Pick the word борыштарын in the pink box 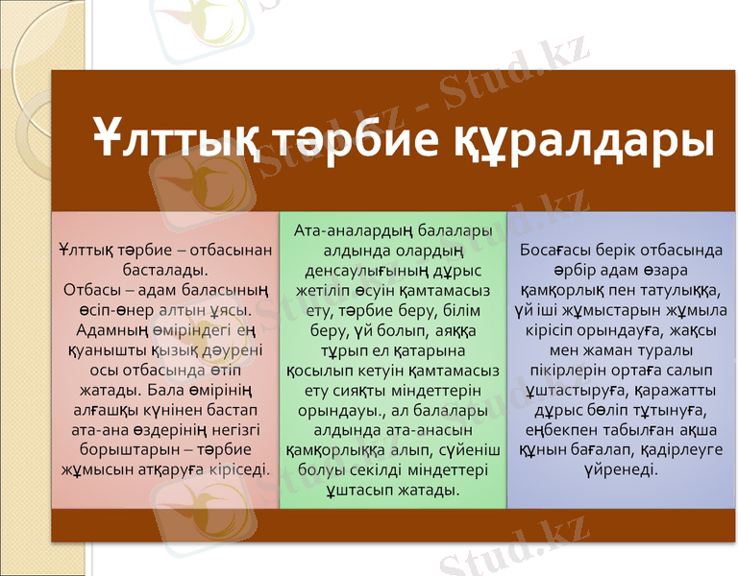(118, 449)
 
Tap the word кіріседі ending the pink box (234, 468)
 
